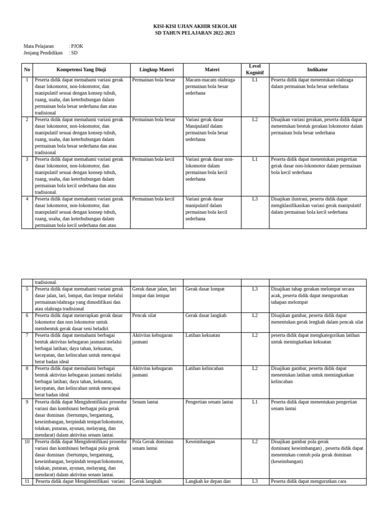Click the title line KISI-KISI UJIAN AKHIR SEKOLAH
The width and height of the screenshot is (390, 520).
[x=194, y=26]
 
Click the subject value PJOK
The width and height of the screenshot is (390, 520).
[x=77, y=46]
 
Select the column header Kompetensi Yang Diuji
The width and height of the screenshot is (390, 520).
[x=81, y=70]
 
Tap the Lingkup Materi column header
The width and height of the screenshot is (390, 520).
[x=156, y=70]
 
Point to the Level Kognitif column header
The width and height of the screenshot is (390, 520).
[x=254, y=70]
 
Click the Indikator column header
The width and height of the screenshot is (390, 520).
[x=317, y=70]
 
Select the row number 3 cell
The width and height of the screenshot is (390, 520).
[x=27, y=159]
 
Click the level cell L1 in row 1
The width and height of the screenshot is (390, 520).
[x=254, y=80]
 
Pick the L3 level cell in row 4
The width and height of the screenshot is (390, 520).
[x=254, y=199]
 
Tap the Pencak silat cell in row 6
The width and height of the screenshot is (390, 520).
[x=144, y=315]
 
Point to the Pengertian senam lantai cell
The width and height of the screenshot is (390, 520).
[x=209, y=402]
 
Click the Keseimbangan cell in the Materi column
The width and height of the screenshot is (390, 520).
[x=200, y=442]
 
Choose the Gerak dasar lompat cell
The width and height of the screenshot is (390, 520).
[x=205, y=289]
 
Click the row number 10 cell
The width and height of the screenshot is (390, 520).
[x=27, y=442]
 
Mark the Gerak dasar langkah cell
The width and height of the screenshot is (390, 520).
[x=206, y=315]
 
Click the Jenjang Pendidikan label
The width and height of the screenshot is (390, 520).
[x=43, y=53]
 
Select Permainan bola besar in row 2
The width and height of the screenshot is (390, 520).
[x=153, y=120]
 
